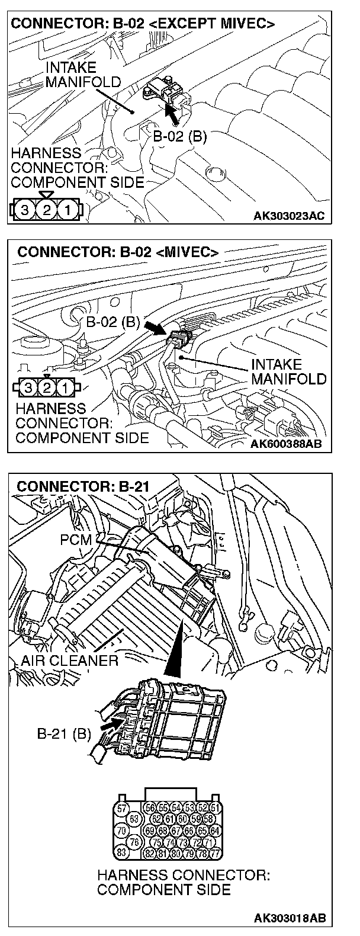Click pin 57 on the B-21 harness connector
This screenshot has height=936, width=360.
[x=122, y=808]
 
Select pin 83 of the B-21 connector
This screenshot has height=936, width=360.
[x=122, y=852]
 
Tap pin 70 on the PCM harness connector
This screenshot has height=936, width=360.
[x=122, y=830]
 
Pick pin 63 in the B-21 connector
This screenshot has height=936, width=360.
[x=134, y=819]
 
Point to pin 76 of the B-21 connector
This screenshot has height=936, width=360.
[x=134, y=841]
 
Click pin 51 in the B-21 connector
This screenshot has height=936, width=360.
[x=215, y=808]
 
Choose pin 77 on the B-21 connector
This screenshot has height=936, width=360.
[x=215, y=852]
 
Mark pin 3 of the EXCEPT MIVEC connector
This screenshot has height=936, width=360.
[x=24, y=209]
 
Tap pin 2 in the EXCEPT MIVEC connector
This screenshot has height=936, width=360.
[x=46, y=209]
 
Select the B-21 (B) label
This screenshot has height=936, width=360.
[x=64, y=735]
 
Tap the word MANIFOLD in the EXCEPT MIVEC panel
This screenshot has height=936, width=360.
[x=82, y=81]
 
